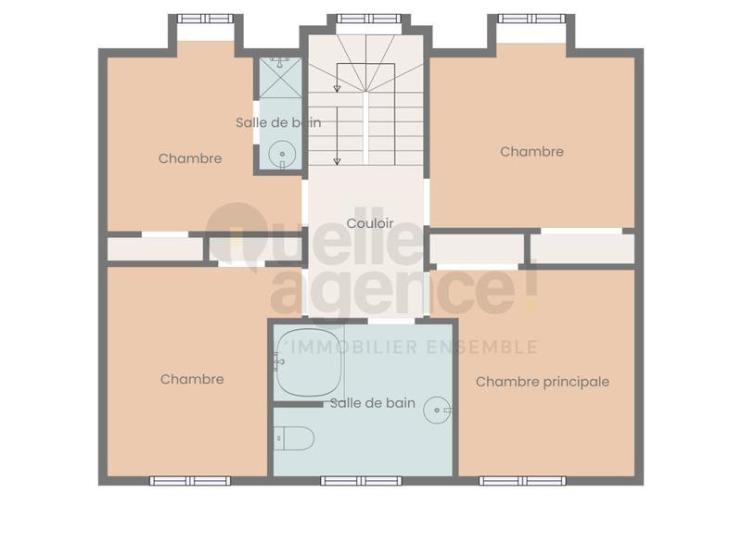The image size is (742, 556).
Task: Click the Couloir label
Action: (x=370, y=223)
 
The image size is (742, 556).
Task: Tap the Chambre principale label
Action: (x=543, y=382)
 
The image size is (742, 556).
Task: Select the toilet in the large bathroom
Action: (x=295, y=438)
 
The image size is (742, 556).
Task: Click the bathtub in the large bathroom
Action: (x=308, y=360)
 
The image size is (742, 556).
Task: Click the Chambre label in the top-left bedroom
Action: (x=190, y=158)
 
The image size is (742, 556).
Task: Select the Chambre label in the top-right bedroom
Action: (x=531, y=152)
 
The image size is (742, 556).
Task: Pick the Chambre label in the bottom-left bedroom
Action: (x=192, y=379)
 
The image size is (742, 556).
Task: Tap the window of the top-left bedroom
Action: (x=206, y=18)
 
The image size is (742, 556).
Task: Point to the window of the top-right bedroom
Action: (x=531, y=18)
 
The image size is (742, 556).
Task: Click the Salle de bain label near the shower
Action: (x=278, y=122)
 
